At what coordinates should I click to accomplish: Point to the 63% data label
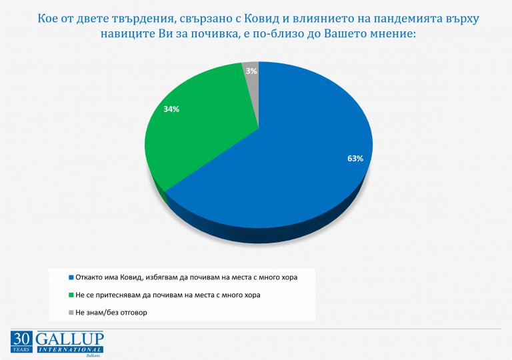point(355,159)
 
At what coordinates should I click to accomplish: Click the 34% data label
point(171,109)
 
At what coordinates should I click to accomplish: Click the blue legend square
point(71,276)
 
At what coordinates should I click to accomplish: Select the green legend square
point(71,295)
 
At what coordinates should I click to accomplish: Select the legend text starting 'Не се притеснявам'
point(176,295)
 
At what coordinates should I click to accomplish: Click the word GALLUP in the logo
point(69,339)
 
